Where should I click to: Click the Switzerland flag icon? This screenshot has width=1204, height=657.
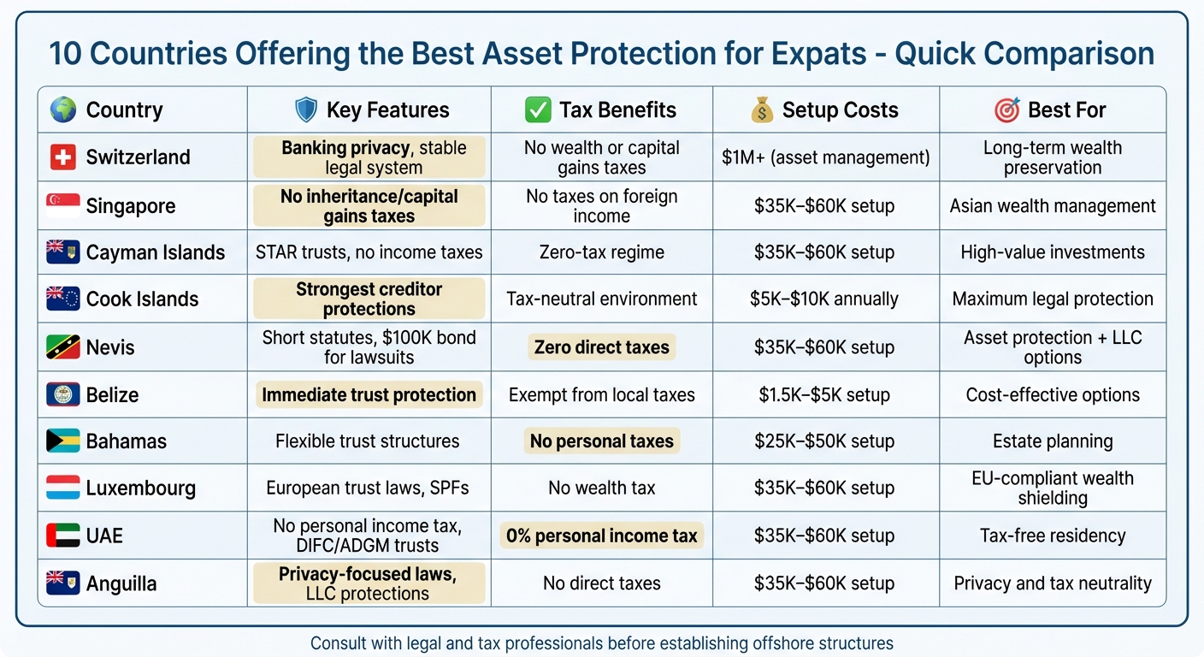tap(62, 157)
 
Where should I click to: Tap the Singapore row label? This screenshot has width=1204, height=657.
tap(130, 206)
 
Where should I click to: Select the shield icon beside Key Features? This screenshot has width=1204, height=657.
tap(305, 109)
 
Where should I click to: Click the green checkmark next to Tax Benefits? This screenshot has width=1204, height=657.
tap(537, 109)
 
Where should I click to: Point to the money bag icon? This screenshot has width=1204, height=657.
tap(760, 109)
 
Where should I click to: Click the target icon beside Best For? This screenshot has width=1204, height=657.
tap(1006, 109)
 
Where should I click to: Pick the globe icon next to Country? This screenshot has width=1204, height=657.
tap(62, 109)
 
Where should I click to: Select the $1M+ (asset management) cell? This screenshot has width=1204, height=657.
tap(825, 157)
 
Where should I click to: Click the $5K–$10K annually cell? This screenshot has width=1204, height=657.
tap(825, 299)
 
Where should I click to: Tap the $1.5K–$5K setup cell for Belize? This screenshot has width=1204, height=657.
tap(825, 395)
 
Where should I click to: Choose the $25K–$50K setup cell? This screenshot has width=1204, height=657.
tap(825, 441)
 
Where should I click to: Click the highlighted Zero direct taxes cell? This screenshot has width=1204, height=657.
tap(601, 347)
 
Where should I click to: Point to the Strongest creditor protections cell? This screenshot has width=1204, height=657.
tap(369, 299)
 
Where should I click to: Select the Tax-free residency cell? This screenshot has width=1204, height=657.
tap(1052, 536)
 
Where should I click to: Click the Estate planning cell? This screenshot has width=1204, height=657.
tap(1052, 441)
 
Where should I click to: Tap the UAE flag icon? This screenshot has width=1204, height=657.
tap(62, 536)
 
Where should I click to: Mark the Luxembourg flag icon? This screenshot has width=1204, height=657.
tap(62, 488)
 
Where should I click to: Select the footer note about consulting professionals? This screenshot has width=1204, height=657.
tap(601, 642)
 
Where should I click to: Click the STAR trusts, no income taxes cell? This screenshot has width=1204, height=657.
tap(369, 252)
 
